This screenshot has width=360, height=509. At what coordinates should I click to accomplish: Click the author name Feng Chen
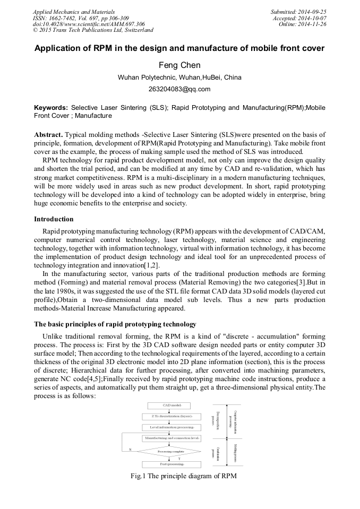(179, 65)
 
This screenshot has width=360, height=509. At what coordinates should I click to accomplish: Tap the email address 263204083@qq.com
(179, 89)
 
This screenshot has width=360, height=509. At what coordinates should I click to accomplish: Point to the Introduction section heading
(54, 219)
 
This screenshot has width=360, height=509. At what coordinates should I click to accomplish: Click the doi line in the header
(89, 24)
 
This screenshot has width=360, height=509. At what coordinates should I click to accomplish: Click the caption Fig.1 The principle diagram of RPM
(183, 476)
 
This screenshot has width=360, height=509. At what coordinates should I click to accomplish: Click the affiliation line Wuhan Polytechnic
(179, 77)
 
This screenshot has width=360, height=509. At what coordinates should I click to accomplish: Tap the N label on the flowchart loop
(130, 450)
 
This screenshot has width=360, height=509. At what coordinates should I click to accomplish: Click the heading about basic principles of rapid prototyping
(115, 324)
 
